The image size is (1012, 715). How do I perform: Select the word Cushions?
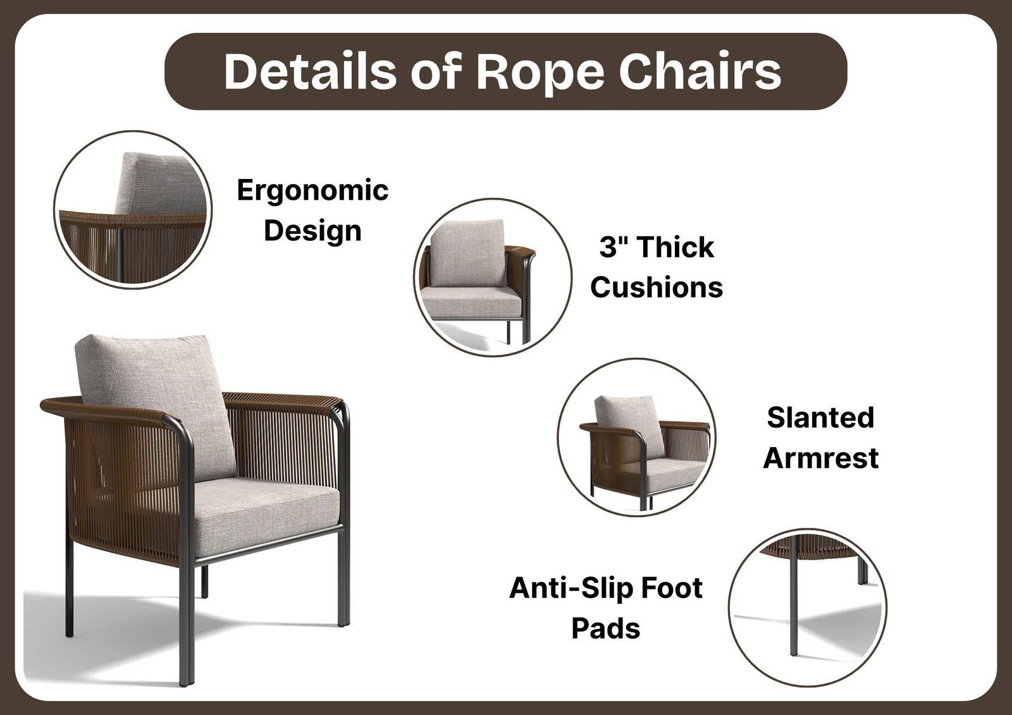point(657,287)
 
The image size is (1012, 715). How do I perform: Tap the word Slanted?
point(820,417)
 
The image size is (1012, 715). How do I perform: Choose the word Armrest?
point(820,458)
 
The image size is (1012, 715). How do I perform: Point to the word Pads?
point(606,628)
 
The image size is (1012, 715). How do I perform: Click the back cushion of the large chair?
point(156,406)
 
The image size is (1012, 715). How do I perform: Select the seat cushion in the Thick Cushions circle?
point(472,302)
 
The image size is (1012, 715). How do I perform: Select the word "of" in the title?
point(436,71)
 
